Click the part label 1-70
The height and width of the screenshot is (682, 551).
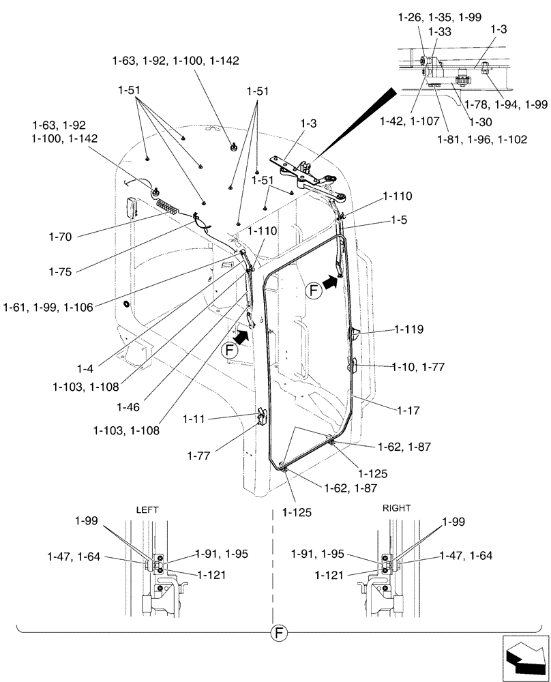[x=61, y=237]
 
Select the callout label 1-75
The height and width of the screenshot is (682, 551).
[x=61, y=271]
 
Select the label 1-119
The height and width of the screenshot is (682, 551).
[x=408, y=329]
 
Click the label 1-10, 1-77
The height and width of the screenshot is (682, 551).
[x=418, y=367]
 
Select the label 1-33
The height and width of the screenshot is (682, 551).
[x=440, y=31]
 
